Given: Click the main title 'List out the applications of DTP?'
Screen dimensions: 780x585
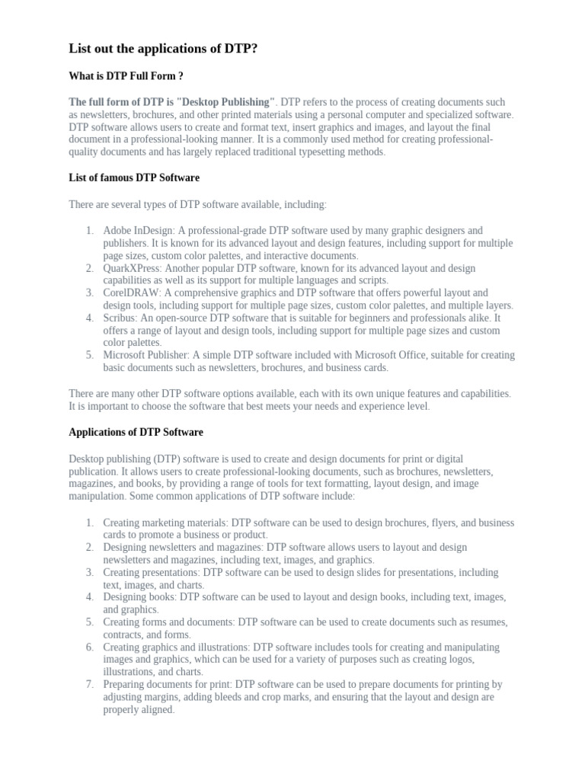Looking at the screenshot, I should click(168, 49).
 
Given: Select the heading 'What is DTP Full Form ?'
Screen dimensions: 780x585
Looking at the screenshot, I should click(126, 76).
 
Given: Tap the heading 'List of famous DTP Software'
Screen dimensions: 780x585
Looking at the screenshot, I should click(134, 177).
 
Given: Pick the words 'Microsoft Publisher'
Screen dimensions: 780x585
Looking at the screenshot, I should click(145, 355).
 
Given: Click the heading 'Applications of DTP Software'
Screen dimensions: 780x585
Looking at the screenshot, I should click(136, 432).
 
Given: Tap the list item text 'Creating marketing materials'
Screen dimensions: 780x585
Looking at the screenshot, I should click(165, 523).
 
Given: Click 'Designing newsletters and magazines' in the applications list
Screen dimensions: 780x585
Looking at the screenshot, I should click(182, 547).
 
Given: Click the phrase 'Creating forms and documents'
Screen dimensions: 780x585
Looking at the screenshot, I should click(168, 622).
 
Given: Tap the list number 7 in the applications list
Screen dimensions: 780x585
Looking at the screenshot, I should click(89, 684).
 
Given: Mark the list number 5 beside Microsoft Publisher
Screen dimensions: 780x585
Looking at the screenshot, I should click(89, 355).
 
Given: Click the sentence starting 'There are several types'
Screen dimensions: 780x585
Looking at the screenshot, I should click(197, 204).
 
